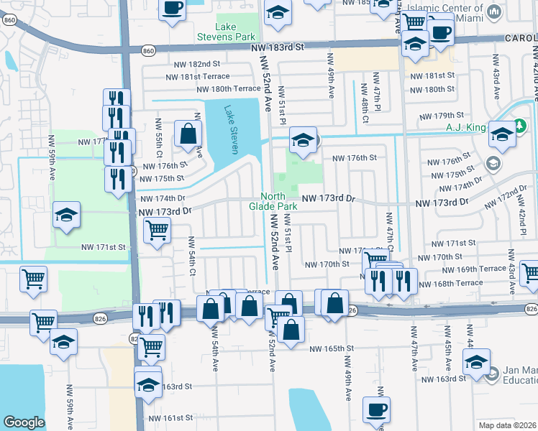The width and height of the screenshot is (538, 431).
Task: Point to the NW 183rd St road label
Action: (x=279, y=47)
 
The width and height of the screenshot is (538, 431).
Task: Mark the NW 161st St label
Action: (x=170, y=417)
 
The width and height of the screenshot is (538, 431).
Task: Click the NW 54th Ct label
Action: (x=192, y=256)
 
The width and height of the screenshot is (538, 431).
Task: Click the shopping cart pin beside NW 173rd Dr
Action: (x=157, y=231)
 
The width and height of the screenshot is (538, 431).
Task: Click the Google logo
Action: (x=24, y=422)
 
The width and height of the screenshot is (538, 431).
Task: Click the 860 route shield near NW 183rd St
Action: (x=148, y=51)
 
